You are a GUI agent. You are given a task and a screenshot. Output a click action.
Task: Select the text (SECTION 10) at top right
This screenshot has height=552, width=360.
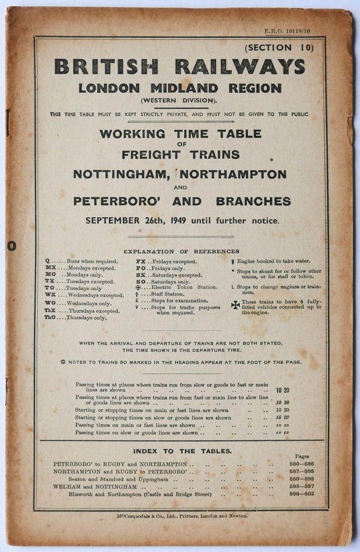279,47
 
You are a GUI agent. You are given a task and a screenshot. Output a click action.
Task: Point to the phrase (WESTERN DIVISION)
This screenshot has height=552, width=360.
179,101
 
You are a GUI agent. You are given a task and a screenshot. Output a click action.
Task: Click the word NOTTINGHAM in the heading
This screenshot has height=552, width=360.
122,175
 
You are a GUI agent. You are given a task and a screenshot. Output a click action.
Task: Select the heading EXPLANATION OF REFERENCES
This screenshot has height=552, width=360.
181,251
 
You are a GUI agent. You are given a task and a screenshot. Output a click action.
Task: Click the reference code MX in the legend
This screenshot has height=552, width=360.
50,268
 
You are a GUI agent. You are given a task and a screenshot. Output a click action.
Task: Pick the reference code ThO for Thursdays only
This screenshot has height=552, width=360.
50,318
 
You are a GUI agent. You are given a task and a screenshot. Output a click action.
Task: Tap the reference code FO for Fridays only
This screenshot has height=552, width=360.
140,268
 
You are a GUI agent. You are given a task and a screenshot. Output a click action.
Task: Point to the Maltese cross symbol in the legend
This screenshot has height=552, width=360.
235,305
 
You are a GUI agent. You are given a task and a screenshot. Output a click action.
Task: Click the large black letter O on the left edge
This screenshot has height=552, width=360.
12,246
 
